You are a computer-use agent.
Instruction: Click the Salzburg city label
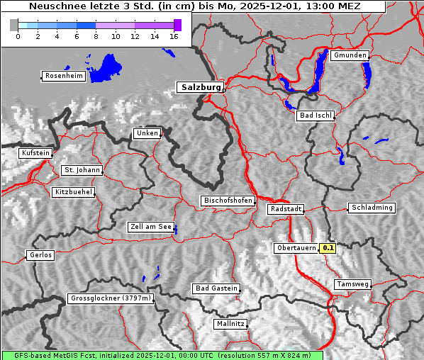pos(200,87)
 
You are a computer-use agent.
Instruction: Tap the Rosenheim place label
pos(63,76)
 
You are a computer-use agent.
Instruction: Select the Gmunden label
pos(350,55)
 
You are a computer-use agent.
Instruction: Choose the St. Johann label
pos(82,170)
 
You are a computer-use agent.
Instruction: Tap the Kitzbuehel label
pos(73,192)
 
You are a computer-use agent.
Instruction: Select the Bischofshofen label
pos(228,201)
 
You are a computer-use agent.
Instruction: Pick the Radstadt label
pos(286,209)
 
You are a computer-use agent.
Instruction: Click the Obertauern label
pos(296,248)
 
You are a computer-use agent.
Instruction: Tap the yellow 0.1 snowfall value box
pos(328,248)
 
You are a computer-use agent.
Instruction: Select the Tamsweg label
pos(352,284)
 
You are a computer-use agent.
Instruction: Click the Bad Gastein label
pos(216,288)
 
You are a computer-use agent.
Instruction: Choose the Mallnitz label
pos(230,324)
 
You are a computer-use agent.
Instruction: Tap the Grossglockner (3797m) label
pos(111,298)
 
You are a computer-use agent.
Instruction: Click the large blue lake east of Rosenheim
pos(106,67)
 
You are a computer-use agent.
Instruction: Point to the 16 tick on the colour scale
pos(174,36)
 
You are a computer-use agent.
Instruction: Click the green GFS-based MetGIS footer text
pos(162,355)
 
